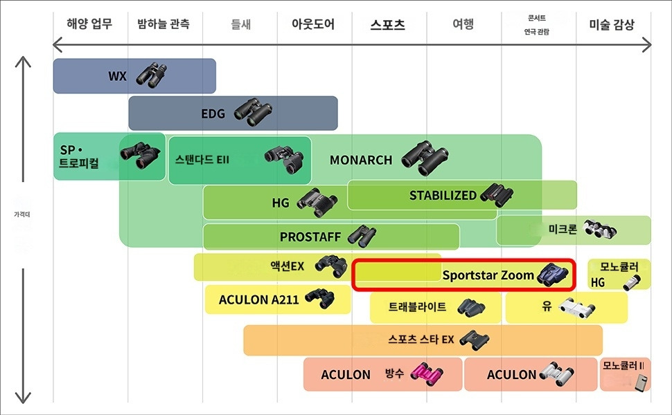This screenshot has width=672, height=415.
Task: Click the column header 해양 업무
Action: (89, 24)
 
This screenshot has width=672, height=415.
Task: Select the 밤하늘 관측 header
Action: (163, 24)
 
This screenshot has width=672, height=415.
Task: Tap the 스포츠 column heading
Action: (387, 25)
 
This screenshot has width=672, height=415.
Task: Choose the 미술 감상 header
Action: (612, 25)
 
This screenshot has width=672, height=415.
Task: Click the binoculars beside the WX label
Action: (151, 75)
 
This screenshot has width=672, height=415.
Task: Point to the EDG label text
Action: (213, 113)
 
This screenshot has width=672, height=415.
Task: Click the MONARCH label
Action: (361, 160)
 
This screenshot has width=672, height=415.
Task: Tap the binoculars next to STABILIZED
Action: (497, 195)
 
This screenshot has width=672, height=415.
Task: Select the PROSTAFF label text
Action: (310, 237)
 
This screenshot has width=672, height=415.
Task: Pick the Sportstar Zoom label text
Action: (488, 275)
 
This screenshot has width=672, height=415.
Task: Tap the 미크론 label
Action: (563, 229)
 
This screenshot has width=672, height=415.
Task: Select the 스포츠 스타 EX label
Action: (421, 339)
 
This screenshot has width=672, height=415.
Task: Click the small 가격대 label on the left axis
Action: (21, 214)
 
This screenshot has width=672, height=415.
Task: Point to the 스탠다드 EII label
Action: (202, 160)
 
